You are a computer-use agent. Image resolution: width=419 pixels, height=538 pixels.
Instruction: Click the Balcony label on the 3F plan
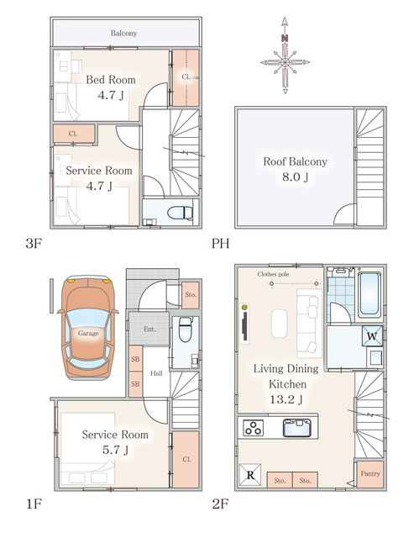tap(123, 34)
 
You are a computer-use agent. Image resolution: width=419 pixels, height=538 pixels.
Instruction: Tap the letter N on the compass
tap(285, 39)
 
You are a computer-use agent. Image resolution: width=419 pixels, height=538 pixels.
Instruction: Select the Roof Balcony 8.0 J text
tap(295, 169)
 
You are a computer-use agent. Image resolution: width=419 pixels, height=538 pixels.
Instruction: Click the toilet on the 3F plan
tap(180, 213)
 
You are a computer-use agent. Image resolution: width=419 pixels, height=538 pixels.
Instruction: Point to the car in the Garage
tap(88, 327)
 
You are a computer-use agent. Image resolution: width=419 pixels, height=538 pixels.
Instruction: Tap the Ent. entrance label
tap(149, 329)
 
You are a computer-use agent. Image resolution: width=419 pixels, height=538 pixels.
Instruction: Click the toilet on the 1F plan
tap(186, 329)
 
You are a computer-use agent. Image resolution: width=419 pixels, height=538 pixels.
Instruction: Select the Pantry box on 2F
tap(370, 474)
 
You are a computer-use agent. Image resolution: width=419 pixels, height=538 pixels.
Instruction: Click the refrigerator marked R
tap(250, 475)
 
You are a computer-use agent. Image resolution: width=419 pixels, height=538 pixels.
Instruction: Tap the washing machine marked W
tap(372, 336)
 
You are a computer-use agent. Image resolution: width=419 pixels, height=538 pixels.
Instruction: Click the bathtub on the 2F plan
tap(369, 295)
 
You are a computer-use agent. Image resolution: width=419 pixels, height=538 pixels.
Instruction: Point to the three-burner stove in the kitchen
tap(254, 428)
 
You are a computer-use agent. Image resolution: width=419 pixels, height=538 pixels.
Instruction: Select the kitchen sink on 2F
tap(297, 428)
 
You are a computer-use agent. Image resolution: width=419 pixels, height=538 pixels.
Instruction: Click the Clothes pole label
tap(273, 274)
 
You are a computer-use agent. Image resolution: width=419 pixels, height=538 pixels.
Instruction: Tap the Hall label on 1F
tap(156, 373)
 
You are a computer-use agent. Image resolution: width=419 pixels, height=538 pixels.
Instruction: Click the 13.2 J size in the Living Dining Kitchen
tap(286, 400)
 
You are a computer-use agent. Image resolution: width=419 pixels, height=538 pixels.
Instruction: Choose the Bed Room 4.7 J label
tap(111, 87)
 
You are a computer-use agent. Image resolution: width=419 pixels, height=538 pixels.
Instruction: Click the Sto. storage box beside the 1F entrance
tap(191, 295)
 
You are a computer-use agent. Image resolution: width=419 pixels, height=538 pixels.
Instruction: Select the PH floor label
tap(220, 244)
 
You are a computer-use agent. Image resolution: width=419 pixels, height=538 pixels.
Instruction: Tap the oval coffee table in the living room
tap(280, 323)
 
